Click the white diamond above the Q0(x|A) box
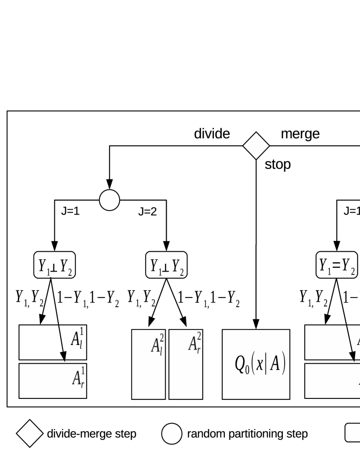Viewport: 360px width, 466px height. click(256, 146)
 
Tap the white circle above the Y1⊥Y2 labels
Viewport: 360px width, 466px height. click(110, 200)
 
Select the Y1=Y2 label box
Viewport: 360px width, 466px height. click(337, 265)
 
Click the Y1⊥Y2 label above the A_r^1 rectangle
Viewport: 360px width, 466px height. click(54, 265)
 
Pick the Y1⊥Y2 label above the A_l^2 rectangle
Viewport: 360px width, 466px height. click(166, 265)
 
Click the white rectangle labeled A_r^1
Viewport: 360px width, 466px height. click(52, 381)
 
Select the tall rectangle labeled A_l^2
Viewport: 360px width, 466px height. click(148, 364)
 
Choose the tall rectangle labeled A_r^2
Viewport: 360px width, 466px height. click(186, 364)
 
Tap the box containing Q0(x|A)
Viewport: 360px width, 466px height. click(256, 364)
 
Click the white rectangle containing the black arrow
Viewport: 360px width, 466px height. click(332, 342)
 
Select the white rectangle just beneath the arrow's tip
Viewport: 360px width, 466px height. click(332, 381)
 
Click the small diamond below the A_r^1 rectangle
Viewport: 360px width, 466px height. click(30, 433)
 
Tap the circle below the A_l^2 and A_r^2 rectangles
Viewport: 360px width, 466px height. click(172, 434)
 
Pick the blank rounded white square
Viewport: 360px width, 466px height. click(353, 433)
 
